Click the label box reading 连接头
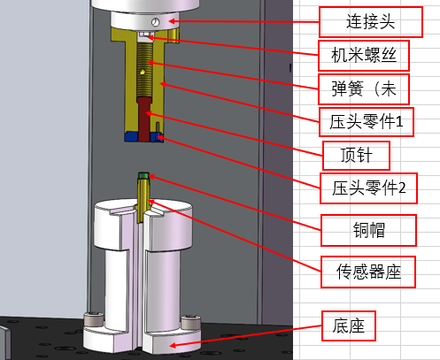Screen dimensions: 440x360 tap(371, 22)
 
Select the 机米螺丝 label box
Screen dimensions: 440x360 tap(364, 56)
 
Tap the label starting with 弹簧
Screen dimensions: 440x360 tap(364, 89)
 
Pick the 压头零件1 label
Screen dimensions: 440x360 tap(367, 122)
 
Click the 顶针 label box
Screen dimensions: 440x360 tap(356, 156)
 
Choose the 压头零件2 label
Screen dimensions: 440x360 tap(368, 188)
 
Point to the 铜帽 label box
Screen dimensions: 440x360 tap(368, 230)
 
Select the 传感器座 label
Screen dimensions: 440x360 tap(368, 272)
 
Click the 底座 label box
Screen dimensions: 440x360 tap(348, 326)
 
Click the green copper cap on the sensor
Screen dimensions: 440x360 tap(143, 176)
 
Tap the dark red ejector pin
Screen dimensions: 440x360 tap(144, 119)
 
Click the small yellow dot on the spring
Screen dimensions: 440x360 tap(143, 71)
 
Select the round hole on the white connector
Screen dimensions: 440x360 tap(155, 22)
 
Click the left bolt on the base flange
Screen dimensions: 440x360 tap(94, 320)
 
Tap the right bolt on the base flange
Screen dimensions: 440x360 tap(190, 322)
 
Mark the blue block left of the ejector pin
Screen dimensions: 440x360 tap(131, 137)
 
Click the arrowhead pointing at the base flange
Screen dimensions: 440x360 tap(174, 345)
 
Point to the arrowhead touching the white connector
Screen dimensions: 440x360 tap(173, 21)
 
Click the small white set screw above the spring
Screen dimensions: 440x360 tap(144, 34)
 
